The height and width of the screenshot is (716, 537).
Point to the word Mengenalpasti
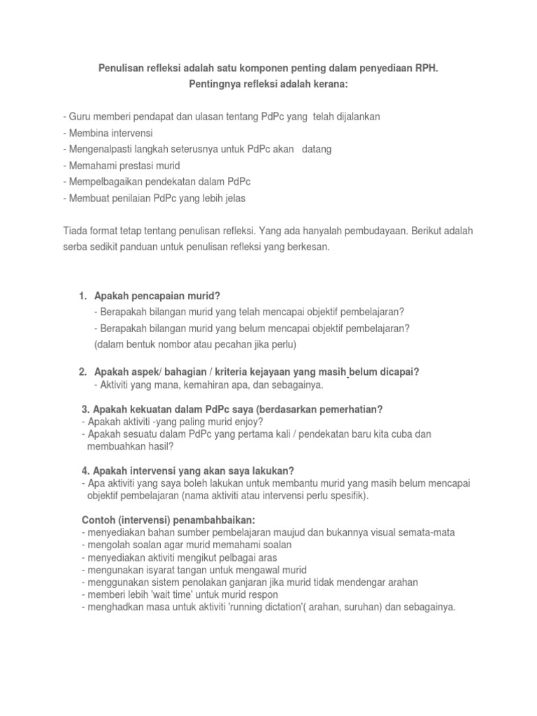[97, 150]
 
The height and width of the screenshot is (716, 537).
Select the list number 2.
[83, 372]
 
